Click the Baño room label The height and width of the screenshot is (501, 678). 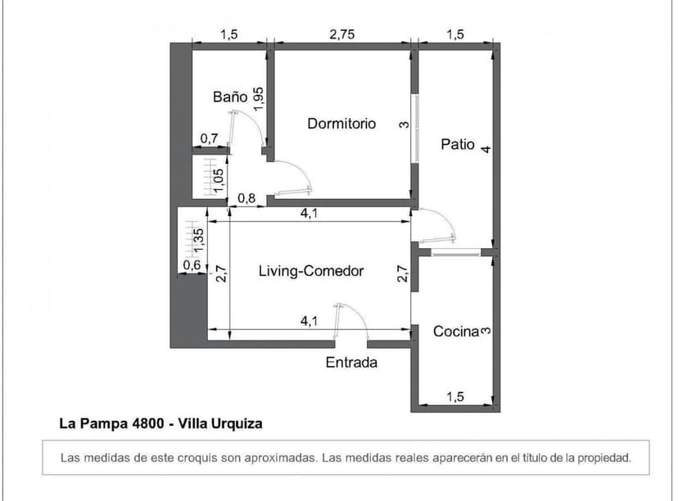coord(229,97)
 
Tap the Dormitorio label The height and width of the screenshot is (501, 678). coord(341,124)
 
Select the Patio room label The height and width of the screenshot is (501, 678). coord(458,144)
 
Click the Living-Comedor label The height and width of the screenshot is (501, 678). coord(310,271)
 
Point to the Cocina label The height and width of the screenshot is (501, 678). coord(455,332)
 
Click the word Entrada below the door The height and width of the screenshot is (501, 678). coord(351,363)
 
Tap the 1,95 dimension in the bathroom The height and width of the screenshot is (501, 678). coord(259,99)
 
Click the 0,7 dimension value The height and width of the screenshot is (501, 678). coord(209,138)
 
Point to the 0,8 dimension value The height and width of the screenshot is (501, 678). coord(246,198)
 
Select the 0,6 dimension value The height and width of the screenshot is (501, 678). coord(191,265)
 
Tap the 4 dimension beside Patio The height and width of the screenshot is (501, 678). coord(486,150)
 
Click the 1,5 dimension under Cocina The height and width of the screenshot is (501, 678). coord(455,397)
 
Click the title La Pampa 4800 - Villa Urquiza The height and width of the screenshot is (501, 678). coord(160,424)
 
